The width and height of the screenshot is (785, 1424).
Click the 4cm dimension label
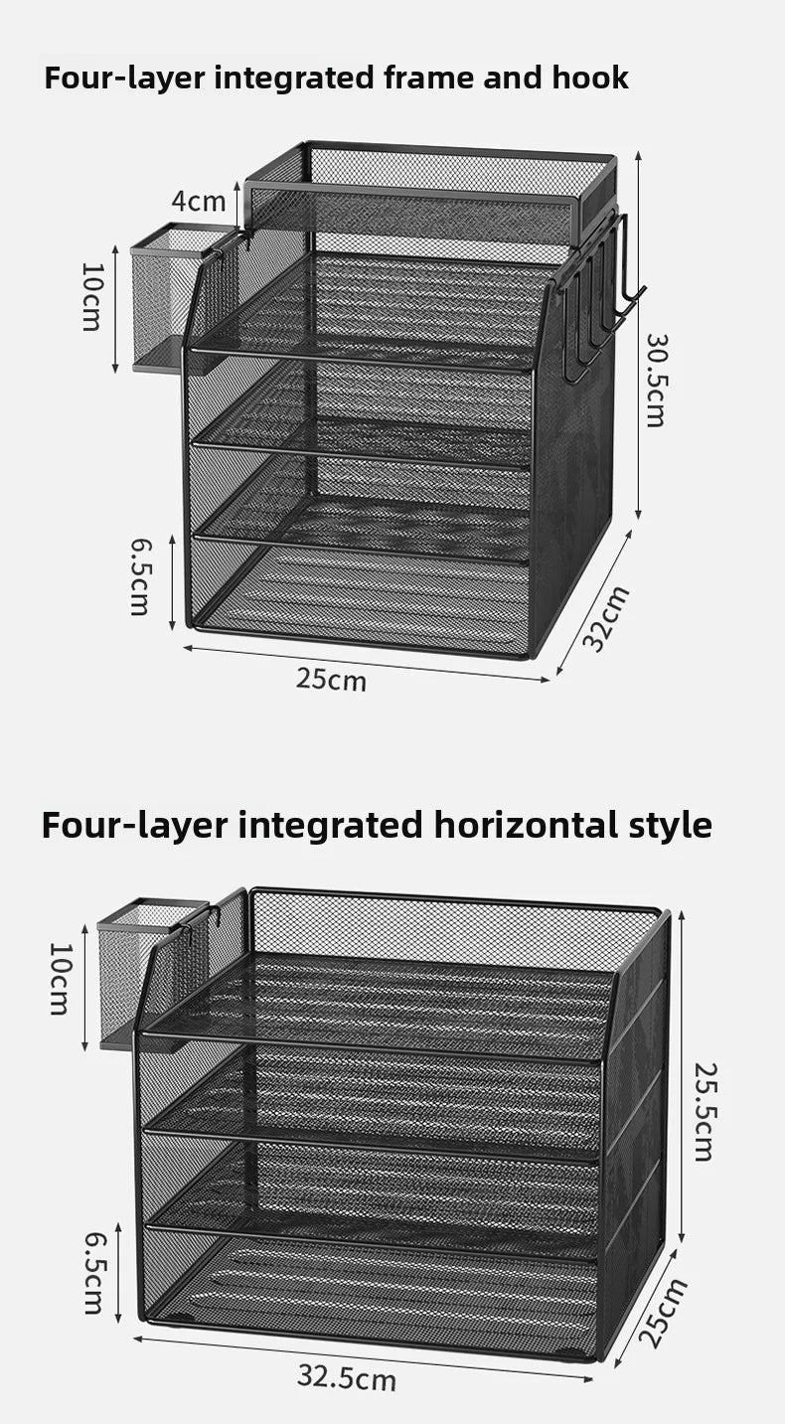point(198,201)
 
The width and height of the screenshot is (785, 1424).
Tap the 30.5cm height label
point(656,380)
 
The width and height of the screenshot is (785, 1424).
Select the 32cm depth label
point(606,618)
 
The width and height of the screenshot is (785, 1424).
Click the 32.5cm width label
point(346,1378)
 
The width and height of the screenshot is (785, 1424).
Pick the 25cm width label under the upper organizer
point(331,680)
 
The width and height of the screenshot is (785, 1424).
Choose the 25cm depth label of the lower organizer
point(663,1313)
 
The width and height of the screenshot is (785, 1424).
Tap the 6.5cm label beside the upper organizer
point(140,575)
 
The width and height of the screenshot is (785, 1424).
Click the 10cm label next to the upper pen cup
point(90,296)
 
